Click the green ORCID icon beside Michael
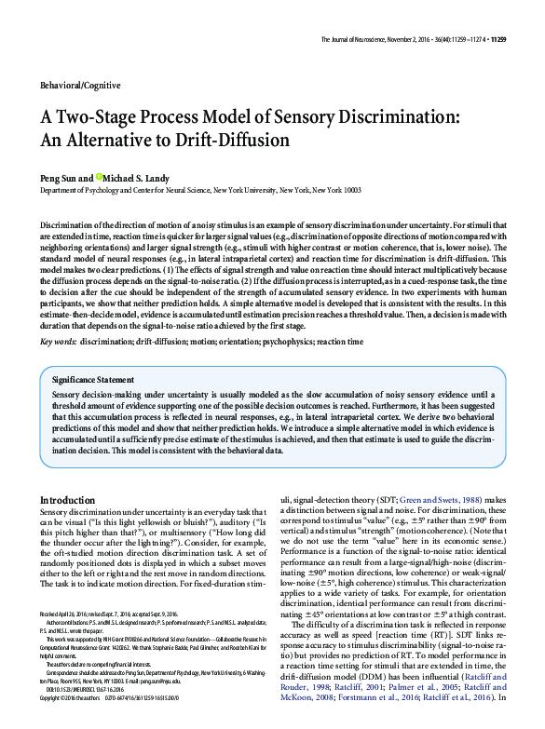100,176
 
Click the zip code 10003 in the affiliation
347,189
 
